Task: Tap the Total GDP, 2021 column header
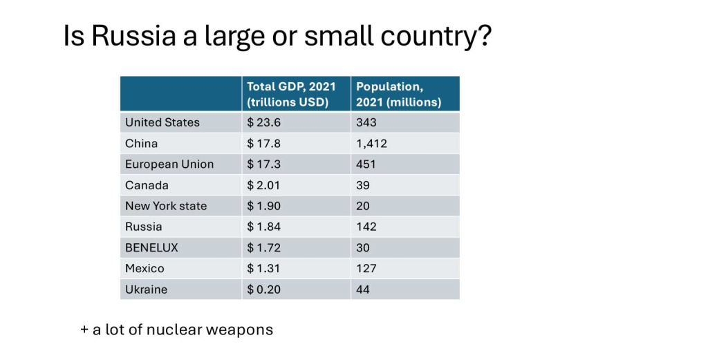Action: pyautogui.click(x=291, y=94)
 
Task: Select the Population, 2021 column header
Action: pyautogui.click(x=398, y=94)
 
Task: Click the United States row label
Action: pyautogui.click(x=162, y=122)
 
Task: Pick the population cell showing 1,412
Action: pyautogui.click(x=371, y=144)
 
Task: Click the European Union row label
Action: pyautogui.click(x=169, y=164)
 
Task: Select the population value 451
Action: pyautogui.click(x=366, y=164)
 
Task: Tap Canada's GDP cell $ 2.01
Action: pyautogui.click(x=264, y=185)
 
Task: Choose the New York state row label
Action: pyautogui.click(x=166, y=206)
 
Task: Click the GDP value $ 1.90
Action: pyautogui.click(x=264, y=206)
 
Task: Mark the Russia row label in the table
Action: pyautogui.click(x=144, y=227)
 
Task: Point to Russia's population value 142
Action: pyautogui.click(x=366, y=227)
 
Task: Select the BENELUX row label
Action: pyautogui.click(x=151, y=247)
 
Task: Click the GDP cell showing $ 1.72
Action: pyautogui.click(x=264, y=247)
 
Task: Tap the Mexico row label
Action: pyautogui.click(x=145, y=268)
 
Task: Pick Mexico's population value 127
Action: pyautogui.click(x=366, y=268)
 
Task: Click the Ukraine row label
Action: pyautogui.click(x=146, y=290)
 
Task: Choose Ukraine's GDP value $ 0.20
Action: pyautogui.click(x=264, y=290)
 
